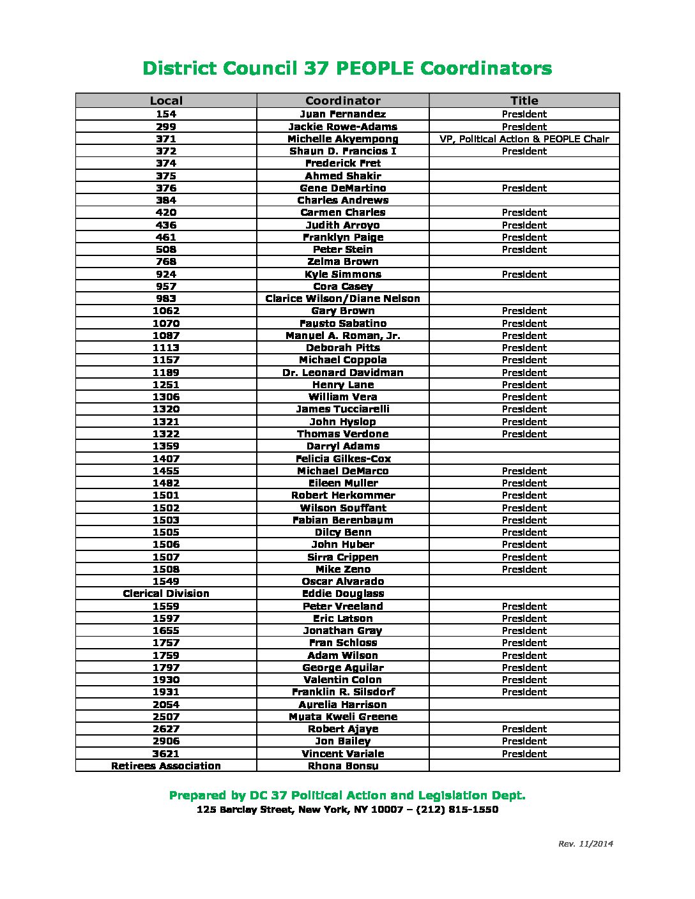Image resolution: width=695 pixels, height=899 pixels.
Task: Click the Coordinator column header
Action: click(x=342, y=100)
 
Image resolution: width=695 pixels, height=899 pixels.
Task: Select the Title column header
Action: click(x=524, y=100)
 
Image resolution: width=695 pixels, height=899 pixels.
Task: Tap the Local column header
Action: click(x=166, y=100)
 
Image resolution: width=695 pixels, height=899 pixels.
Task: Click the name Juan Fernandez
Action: click(x=342, y=114)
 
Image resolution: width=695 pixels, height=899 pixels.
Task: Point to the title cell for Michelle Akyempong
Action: click(x=524, y=139)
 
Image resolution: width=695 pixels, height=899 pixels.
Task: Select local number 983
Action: click(x=166, y=298)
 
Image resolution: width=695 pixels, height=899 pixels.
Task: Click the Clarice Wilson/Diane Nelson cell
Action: click(x=342, y=298)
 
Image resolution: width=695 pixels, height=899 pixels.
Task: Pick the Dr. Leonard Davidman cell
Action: click(x=342, y=372)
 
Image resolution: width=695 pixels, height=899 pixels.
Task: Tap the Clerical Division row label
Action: click(x=166, y=593)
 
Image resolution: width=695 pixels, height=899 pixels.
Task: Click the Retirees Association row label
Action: click(x=166, y=766)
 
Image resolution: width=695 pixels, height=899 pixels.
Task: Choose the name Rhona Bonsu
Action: click(x=342, y=766)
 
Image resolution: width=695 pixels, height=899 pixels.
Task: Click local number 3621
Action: click(x=166, y=753)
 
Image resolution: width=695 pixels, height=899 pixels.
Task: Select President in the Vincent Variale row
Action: click(x=524, y=753)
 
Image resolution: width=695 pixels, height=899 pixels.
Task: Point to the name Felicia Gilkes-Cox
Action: click(x=342, y=458)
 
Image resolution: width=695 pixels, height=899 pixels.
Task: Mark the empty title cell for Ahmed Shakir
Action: click(x=524, y=176)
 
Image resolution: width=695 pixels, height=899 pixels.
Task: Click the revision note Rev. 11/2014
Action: click(x=585, y=843)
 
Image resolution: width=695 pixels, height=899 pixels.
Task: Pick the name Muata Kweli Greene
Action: click(x=342, y=716)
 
